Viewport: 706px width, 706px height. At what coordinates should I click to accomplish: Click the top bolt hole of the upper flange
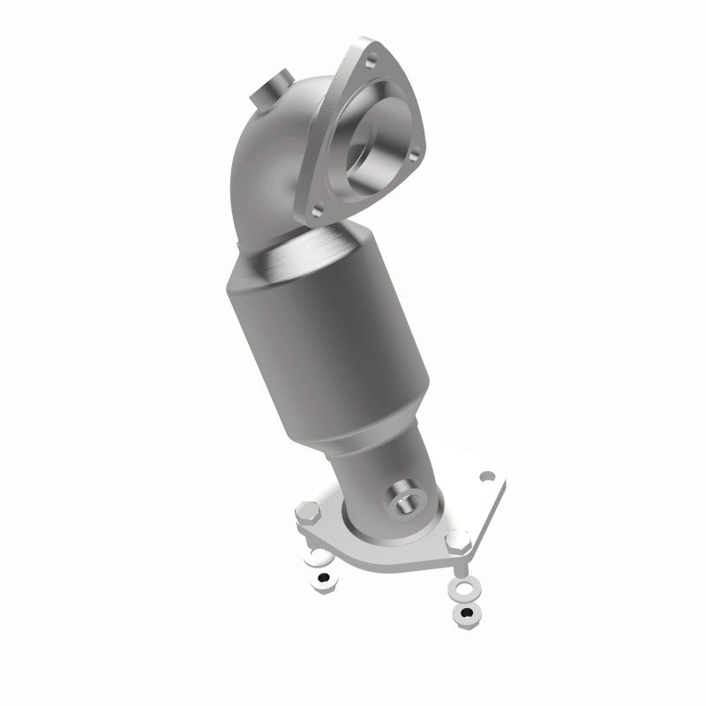click(x=370, y=61)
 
